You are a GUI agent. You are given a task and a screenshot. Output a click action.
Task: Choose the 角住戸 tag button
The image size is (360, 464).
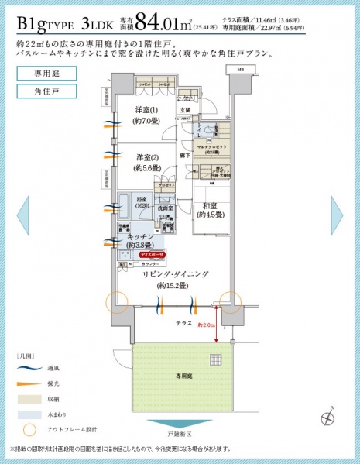tap(41, 91)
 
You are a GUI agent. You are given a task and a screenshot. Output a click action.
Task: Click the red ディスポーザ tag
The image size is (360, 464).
tap(151, 254)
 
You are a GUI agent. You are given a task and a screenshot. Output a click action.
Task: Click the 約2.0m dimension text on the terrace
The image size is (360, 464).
tap(206, 325)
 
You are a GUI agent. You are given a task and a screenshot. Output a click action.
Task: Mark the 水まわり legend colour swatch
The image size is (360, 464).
tap(29, 414)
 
